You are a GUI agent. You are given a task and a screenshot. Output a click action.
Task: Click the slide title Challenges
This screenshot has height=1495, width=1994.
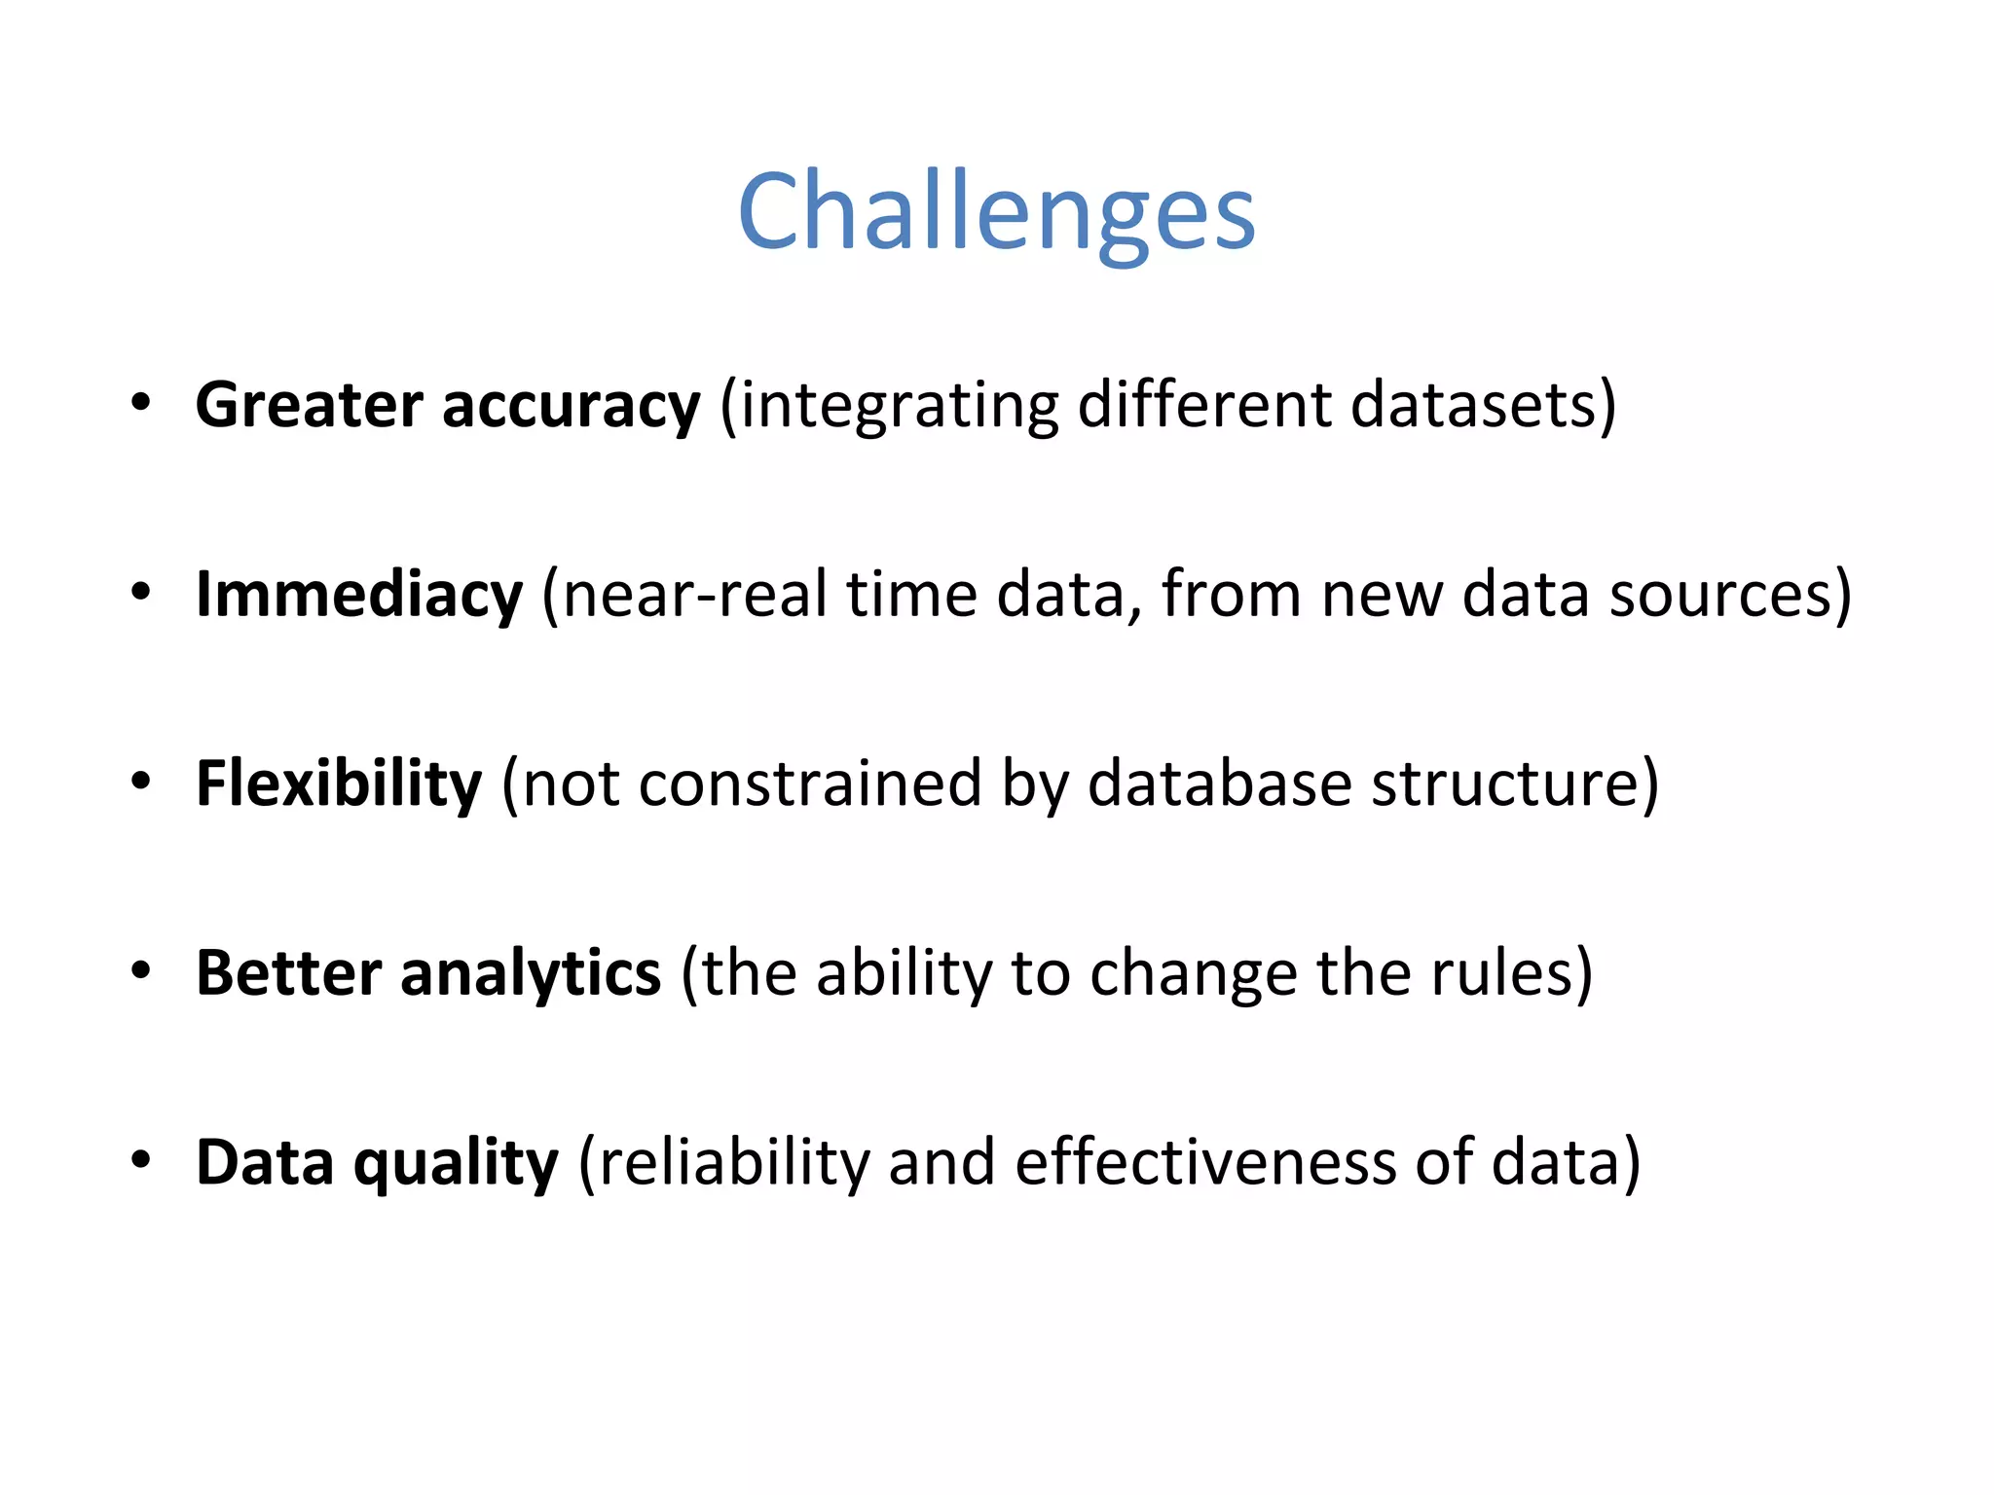click(x=996, y=211)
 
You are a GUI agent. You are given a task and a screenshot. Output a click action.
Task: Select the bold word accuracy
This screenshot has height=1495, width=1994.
click(x=571, y=405)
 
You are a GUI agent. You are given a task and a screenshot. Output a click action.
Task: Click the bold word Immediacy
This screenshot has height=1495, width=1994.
click(x=359, y=594)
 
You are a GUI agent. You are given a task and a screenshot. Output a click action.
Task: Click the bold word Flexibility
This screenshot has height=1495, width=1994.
click(x=339, y=784)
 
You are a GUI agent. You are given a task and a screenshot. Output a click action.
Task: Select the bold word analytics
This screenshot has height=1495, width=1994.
click(x=531, y=972)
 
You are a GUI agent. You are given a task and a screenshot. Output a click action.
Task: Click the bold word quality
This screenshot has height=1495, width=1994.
click(x=456, y=1162)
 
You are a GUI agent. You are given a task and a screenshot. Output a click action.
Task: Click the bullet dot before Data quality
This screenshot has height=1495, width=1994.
click(x=142, y=1159)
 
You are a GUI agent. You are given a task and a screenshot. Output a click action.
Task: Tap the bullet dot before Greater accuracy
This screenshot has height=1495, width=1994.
click(x=142, y=402)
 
